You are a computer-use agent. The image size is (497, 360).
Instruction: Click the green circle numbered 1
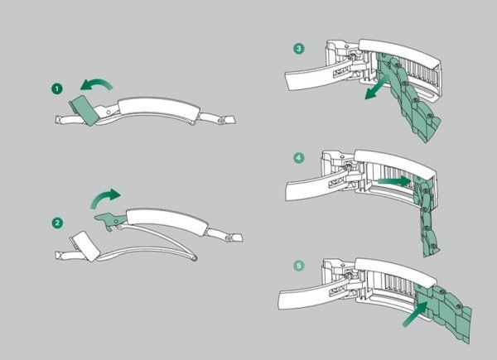pyautogui.click(x=57, y=87)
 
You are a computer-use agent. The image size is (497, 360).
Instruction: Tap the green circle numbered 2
pyautogui.click(x=57, y=223)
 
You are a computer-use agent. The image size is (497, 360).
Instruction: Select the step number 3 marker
pyautogui.click(x=298, y=49)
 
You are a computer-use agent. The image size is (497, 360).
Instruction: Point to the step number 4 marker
pyautogui.click(x=298, y=156)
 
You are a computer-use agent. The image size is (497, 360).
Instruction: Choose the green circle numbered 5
pyautogui.click(x=298, y=266)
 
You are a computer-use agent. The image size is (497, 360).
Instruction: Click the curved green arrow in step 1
pyautogui.click(x=98, y=82)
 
